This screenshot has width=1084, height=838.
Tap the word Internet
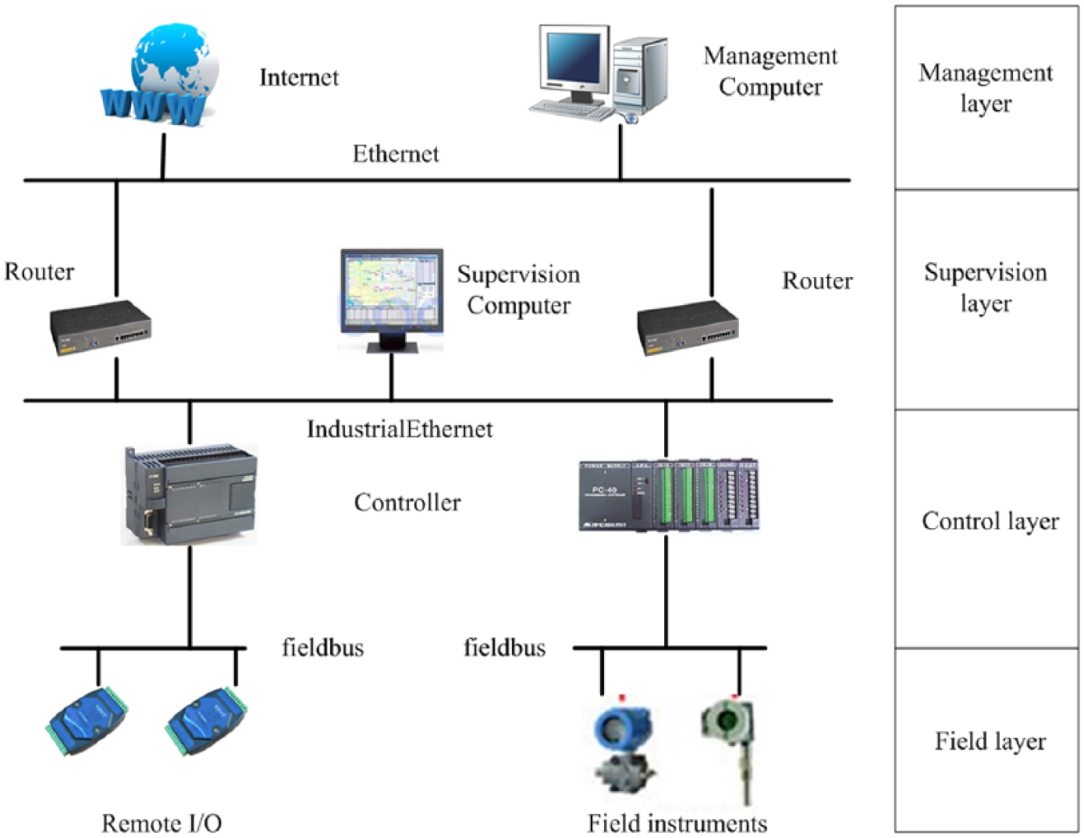299,78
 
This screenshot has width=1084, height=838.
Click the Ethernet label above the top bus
396,154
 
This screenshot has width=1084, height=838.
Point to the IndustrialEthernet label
400,429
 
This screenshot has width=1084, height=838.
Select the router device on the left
100,327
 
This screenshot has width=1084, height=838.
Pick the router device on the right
688,327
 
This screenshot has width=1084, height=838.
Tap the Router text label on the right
817,281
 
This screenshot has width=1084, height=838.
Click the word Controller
407,502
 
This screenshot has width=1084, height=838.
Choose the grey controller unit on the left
190,494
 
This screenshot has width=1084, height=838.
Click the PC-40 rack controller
669,495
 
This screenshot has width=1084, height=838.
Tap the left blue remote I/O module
87,721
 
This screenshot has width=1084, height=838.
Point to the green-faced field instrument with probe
729,747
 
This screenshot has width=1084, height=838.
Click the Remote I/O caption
162,823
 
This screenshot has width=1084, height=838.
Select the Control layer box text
990,522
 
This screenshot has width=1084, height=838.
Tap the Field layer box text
990,742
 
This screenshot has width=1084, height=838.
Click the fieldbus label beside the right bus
505,648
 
